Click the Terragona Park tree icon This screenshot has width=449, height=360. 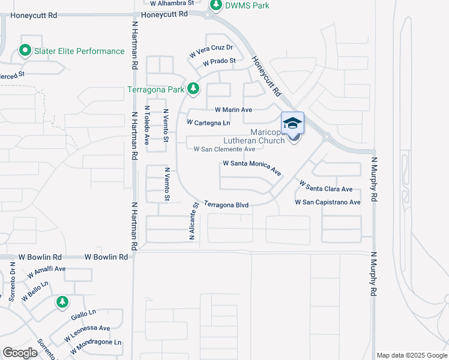[193, 89]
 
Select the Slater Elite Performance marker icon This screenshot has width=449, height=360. [25, 51]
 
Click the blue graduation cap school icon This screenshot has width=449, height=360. [292, 123]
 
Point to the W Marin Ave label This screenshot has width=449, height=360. [234, 110]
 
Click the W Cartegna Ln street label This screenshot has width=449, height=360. [208, 122]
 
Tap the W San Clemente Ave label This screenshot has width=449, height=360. [224, 149]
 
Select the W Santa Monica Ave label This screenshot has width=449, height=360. [252, 167]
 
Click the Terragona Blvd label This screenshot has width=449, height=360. [226, 205]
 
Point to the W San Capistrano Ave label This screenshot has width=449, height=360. [328, 202]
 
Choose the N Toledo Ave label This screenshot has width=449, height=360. [146, 125]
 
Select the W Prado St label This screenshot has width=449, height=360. [219, 61]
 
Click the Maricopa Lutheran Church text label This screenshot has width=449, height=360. [258, 136]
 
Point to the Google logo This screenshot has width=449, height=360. [20, 352]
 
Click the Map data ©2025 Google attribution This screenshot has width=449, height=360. [411, 355]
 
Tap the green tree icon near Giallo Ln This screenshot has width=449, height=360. [61, 302]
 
